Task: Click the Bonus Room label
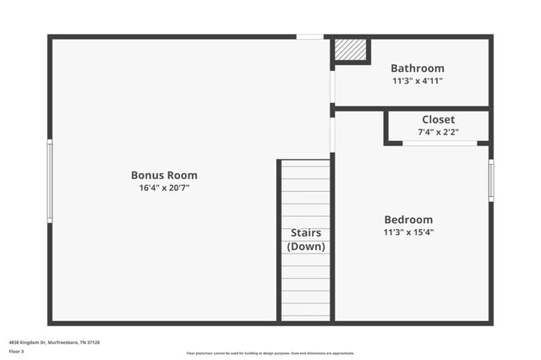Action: pos(164,176)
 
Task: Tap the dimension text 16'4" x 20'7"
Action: pos(164,188)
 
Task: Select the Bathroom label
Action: pos(417,68)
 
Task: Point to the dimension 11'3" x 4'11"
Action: pos(417,81)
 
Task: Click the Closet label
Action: pos(438,120)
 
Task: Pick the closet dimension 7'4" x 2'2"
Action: pos(438,133)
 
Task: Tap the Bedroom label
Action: pos(408,219)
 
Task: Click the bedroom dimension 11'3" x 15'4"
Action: pos(408,232)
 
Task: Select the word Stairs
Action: pos(306,232)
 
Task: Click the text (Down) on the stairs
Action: pos(306,247)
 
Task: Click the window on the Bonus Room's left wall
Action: pos(50,181)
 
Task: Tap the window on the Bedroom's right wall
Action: pos(491,181)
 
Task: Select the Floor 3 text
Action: pos(17,351)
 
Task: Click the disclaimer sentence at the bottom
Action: pos(270,353)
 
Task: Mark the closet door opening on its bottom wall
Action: pos(440,144)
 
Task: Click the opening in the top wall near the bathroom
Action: pos(309,37)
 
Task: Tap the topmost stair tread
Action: pos(306,166)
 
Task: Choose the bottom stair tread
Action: pos(306,317)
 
